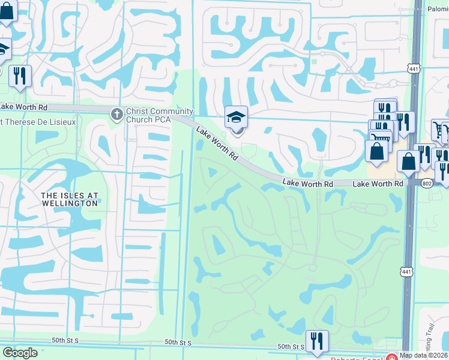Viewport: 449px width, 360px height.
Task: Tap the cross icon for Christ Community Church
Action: coord(117,113)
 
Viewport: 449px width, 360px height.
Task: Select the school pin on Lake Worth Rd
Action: coord(236,118)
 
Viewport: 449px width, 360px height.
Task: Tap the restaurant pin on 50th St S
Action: coord(317,342)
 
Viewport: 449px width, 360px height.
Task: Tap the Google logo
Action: coord(20,353)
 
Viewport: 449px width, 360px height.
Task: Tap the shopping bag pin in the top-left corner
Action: coord(6,12)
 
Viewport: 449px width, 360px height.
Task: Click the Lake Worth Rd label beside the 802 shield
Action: coord(377,183)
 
